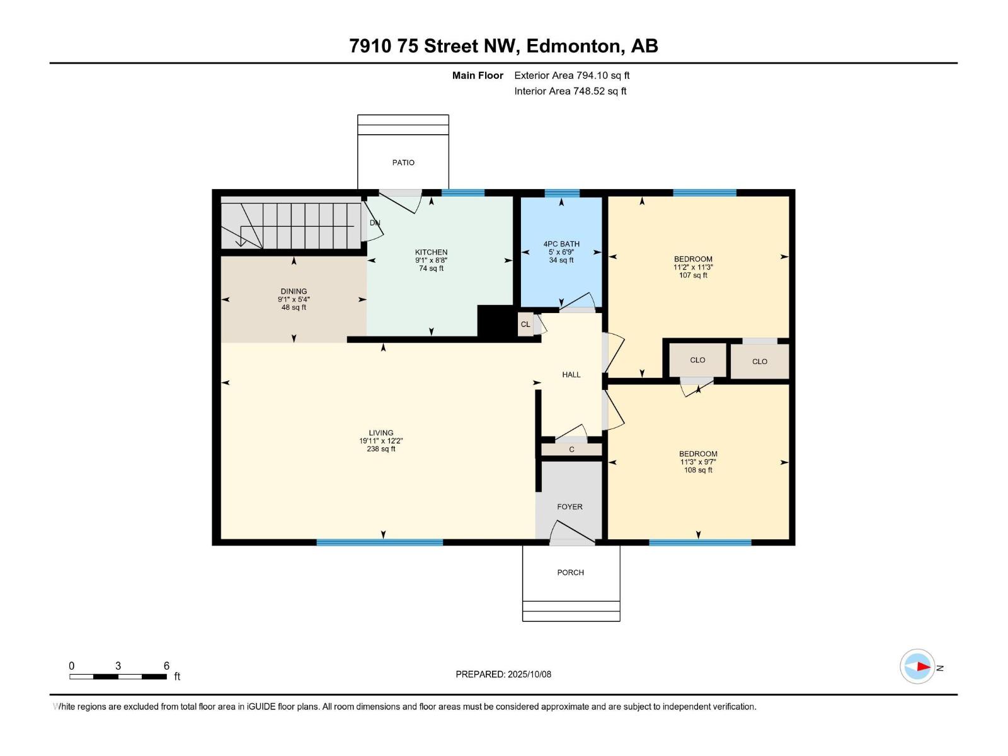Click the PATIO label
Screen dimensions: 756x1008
click(403, 163)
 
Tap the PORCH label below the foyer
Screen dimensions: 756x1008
click(570, 573)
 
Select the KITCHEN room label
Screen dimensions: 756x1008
click(431, 252)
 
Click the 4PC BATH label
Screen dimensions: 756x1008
click(561, 244)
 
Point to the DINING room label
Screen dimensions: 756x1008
click(294, 292)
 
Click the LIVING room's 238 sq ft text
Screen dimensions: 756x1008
click(381, 449)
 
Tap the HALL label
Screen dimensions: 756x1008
click(571, 375)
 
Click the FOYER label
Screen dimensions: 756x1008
click(570, 507)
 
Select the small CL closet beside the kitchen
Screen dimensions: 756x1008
click(525, 324)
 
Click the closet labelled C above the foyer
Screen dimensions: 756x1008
click(571, 450)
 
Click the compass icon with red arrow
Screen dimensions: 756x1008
click(917, 667)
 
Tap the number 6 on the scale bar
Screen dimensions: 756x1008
click(166, 666)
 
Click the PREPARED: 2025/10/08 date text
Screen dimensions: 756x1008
click(503, 674)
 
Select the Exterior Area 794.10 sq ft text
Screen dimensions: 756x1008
click(571, 76)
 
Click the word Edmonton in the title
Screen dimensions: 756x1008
click(573, 46)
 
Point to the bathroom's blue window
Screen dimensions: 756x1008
click(561, 193)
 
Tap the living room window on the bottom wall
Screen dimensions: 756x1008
click(379, 542)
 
